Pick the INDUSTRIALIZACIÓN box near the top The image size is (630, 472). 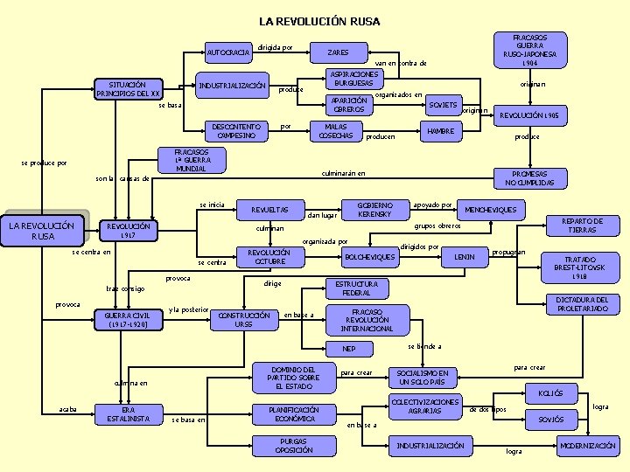(x=232, y=86)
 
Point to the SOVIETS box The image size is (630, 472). (x=444, y=105)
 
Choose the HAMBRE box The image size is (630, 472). (x=440, y=131)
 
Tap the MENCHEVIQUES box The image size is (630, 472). (x=491, y=210)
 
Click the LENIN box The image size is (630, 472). (x=464, y=257)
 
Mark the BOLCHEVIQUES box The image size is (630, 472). (x=370, y=257)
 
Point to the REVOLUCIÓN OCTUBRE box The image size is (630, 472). (x=269, y=257)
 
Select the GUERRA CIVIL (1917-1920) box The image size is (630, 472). (x=131, y=320)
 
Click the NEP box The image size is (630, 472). (x=349, y=349)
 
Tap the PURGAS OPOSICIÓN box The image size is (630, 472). (x=294, y=446)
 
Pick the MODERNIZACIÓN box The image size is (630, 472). (x=588, y=446)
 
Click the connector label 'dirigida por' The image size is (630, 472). (x=276, y=47)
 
